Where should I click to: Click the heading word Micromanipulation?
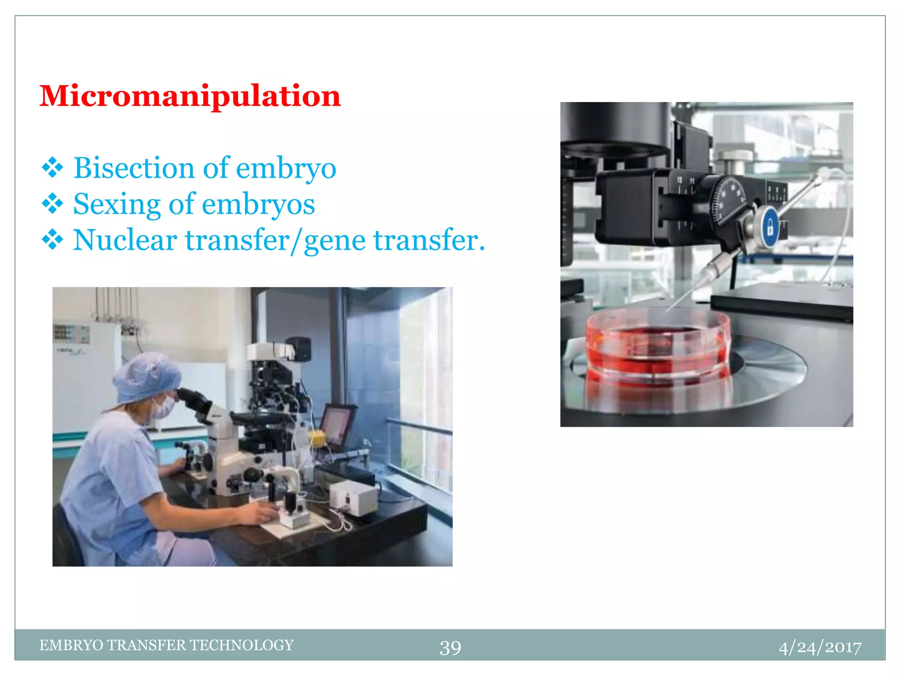(190, 96)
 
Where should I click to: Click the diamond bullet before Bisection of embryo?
(52, 168)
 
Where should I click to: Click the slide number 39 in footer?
(450, 647)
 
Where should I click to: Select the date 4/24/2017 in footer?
(820, 647)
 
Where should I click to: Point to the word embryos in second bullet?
(258, 205)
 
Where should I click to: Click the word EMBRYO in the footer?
(71, 645)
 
